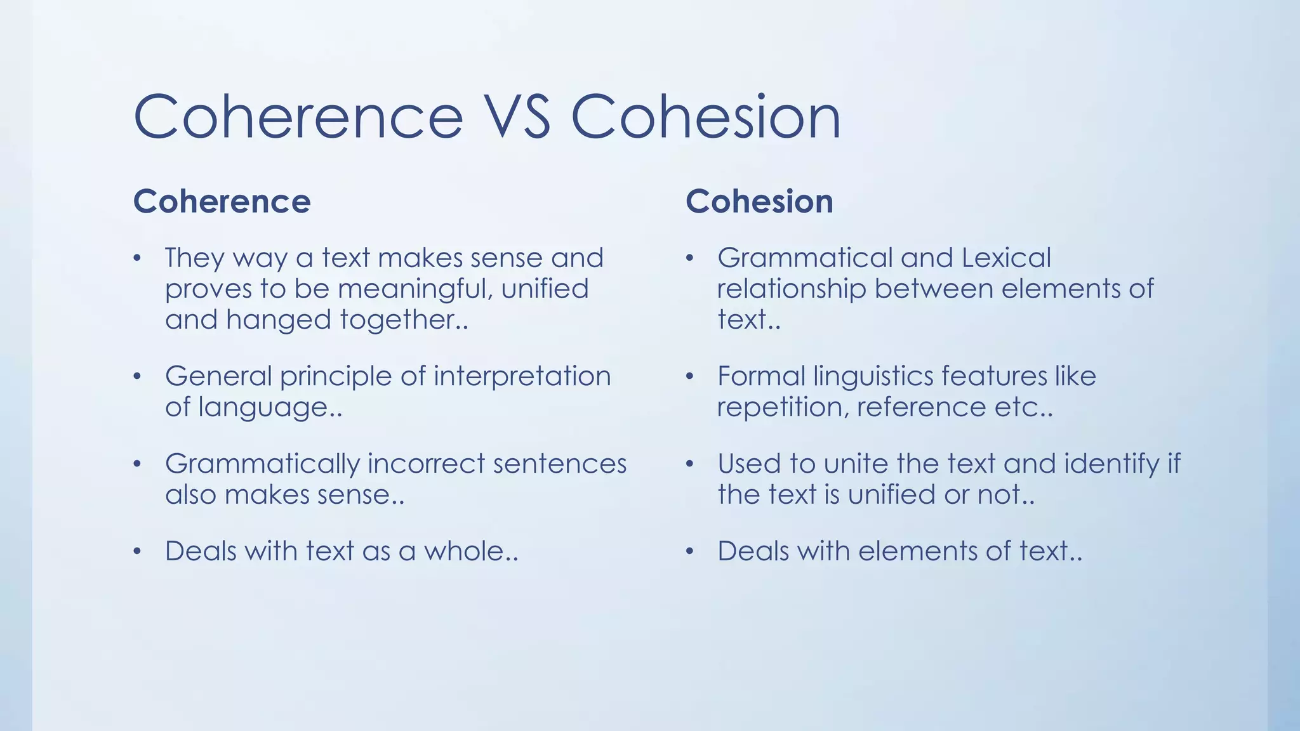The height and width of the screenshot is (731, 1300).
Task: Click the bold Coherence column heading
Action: click(222, 202)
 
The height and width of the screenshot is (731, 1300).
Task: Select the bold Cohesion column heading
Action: click(759, 202)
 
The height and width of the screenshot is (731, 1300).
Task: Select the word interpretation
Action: click(522, 376)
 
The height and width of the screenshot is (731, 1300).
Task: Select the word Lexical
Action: click(1006, 258)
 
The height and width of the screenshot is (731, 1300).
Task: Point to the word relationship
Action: click(791, 289)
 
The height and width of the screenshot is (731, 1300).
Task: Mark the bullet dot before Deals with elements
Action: click(690, 551)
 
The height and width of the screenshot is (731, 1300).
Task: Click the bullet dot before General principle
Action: click(137, 377)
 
